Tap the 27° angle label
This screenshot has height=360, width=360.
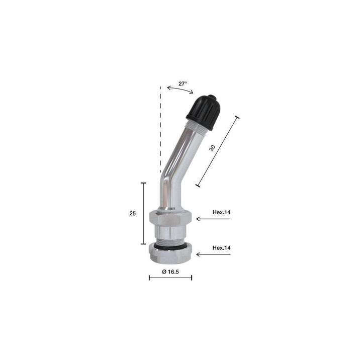click(183, 83)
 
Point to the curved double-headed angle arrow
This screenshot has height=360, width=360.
click(180, 89)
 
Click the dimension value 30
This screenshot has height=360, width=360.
click(212, 148)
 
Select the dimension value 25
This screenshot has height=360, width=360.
click(132, 214)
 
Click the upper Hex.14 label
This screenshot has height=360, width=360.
click(221, 212)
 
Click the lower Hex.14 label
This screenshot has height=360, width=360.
click(221, 248)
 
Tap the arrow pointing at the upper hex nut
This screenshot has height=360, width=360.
click(213, 219)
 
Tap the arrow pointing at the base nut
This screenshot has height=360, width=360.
click(213, 254)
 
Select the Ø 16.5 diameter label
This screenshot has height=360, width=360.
click(170, 272)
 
